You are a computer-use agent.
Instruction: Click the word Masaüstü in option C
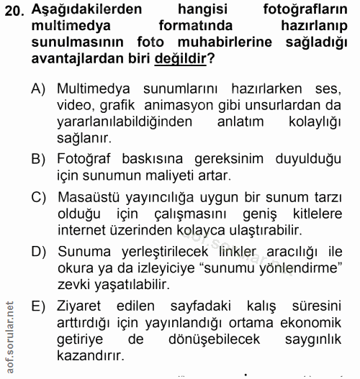90,196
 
